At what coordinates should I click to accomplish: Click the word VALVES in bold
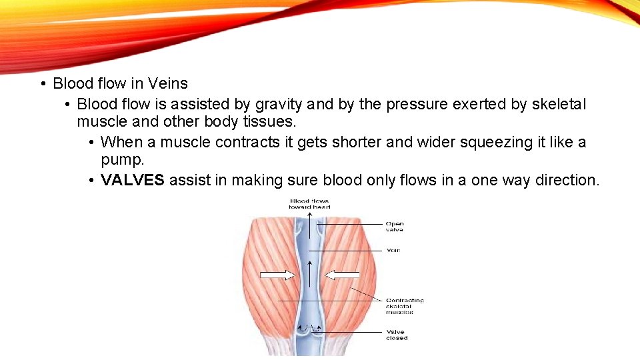tap(132, 180)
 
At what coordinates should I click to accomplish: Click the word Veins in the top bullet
tap(167, 83)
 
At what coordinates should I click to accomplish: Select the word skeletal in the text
tap(559, 104)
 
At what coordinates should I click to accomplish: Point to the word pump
tap(122, 161)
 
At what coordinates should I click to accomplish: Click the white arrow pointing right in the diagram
tap(277, 275)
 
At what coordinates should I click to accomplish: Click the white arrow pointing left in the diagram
tap(342, 275)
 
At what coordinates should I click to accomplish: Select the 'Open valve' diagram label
tap(395, 227)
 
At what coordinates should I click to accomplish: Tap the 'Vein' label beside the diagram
tap(393, 250)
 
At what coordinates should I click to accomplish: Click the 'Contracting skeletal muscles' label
tap(405, 306)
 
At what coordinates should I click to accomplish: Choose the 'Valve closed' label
tap(396, 335)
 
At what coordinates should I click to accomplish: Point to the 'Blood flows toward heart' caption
tap(309, 204)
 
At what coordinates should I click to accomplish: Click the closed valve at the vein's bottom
tap(309, 330)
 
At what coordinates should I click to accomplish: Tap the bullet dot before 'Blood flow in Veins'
tap(42, 84)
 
